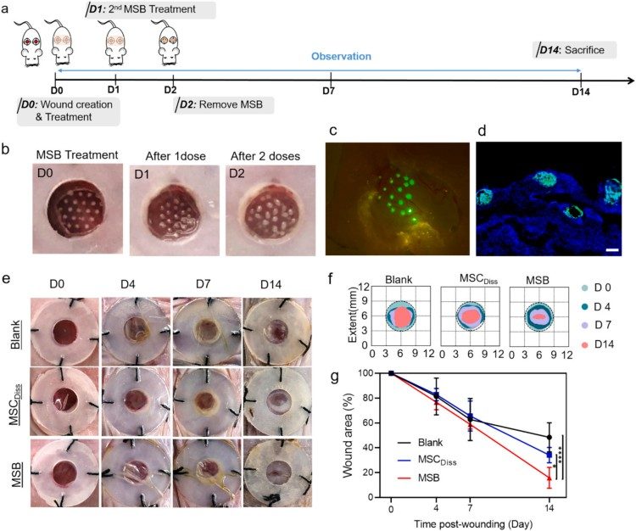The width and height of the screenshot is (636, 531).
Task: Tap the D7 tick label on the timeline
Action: click(x=328, y=90)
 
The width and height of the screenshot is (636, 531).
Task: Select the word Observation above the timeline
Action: click(x=341, y=57)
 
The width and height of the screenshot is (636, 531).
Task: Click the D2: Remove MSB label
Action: click(x=220, y=106)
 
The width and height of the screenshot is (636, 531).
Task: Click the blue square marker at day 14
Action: click(x=550, y=455)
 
